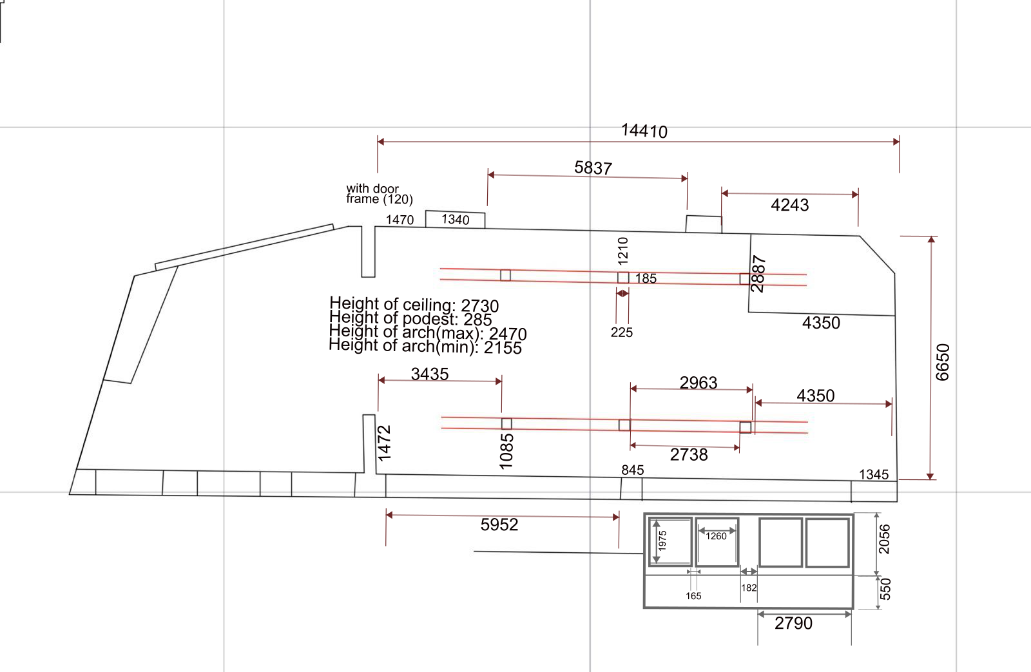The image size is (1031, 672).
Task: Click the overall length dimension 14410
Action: [644, 131]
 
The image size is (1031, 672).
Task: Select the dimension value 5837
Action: [593, 168]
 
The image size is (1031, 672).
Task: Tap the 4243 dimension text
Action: [789, 205]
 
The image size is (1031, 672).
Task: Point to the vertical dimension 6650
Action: [942, 362]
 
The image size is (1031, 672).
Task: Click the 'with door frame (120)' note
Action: [379, 194]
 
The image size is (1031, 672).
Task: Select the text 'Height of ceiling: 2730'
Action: [414, 305]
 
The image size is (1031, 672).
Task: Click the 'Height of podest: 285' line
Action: [410, 319]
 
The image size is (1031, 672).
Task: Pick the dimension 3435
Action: [430, 374]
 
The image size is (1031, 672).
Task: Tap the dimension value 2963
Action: [698, 383]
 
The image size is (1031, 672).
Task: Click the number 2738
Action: [689, 455]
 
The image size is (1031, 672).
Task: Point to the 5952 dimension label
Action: [499, 524]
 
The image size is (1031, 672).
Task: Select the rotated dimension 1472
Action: [384, 443]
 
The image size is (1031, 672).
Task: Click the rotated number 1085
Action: [506, 451]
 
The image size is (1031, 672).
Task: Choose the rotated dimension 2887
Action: [758, 274]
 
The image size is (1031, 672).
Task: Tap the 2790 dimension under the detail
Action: [793, 623]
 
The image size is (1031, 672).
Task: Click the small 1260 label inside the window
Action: [716, 536]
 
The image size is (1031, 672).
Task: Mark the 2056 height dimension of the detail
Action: [885, 539]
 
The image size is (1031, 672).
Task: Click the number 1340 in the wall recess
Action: [455, 220]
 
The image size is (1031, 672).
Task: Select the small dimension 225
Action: [622, 332]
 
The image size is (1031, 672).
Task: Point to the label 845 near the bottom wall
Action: [632, 470]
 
